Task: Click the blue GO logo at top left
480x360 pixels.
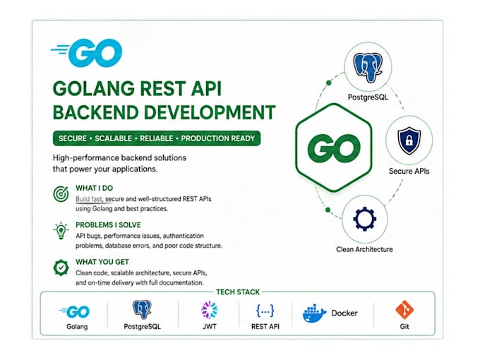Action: pyautogui.click(x=87, y=52)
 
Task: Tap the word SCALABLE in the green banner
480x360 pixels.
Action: pyautogui.click(x=113, y=138)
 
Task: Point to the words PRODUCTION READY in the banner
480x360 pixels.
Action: pyautogui.click(x=218, y=138)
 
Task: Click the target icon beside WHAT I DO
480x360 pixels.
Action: pyautogui.click(x=61, y=194)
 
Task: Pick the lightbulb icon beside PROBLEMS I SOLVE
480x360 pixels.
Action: pyautogui.click(x=61, y=231)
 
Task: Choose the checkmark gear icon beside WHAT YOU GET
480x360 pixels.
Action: pyautogui.click(x=61, y=268)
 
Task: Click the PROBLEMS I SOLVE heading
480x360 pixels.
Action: pyautogui.click(x=108, y=225)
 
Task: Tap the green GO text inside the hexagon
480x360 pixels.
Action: pyautogui.click(x=334, y=148)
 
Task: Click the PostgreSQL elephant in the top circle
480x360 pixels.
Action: pyautogui.click(x=368, y=68)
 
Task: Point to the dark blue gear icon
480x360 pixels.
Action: pyautogui.click(x=365, y=219)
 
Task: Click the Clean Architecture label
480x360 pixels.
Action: pyautogui.click(x=364, y=249)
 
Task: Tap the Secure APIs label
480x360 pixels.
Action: pyautogui.click(x=409, y=171)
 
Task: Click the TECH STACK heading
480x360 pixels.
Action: pyautogui.click(x=238, y=292)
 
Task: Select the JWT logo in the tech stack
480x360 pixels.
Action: pyautogui.click(x=210, y=310)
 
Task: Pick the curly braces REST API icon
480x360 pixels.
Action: pyautogui.click(x=265, y=311)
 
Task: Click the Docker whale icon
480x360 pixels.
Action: pyautogui.click(x=315, y=313)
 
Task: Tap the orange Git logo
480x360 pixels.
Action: pyautogui.click(x=404, y=310)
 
